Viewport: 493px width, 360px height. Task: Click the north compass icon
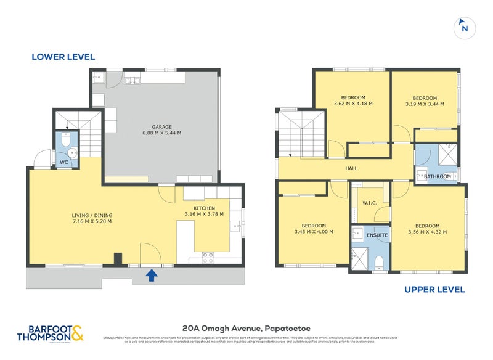pos(465,27)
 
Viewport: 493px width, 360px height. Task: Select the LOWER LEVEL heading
pos(63,57)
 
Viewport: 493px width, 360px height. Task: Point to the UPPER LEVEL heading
pos(434,289)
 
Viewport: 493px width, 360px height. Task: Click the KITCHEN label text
pos(204,208)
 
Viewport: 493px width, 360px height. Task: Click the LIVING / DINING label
pos(92,215)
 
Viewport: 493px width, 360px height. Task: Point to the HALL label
pos(351,168)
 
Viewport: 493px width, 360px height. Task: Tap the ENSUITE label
pos(377,235)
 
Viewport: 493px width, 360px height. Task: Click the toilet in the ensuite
pos(380,264)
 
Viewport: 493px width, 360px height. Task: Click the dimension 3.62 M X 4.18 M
pos(353,103)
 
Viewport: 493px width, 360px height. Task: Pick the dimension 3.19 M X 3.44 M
pos(424,104)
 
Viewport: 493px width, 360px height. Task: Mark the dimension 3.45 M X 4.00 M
pos(314,232)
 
